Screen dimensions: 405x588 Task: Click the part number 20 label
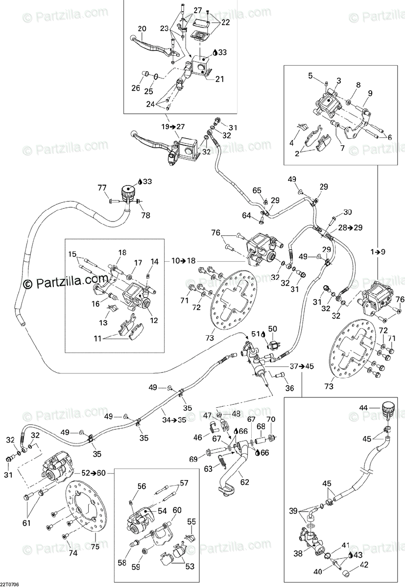142,29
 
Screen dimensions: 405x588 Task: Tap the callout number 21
219,79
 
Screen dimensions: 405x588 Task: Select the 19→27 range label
173,127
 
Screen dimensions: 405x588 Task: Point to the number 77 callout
102,188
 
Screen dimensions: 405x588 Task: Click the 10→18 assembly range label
184,261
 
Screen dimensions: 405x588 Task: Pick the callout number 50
273,329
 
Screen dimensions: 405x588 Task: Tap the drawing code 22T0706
9,584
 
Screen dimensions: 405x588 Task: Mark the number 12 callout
154,320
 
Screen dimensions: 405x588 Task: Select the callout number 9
370,93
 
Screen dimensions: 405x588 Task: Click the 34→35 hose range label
174,420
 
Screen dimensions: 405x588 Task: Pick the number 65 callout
257,190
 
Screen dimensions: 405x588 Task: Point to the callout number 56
142,487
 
